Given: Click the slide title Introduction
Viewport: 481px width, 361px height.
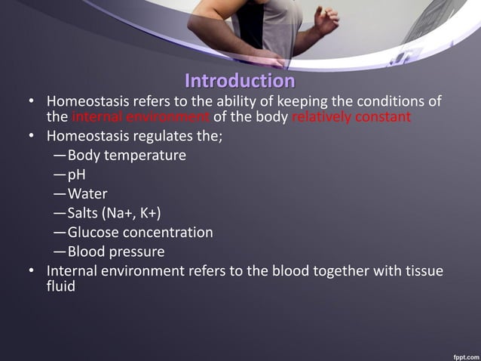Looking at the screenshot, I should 240,80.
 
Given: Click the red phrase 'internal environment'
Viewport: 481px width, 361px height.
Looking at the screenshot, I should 140,118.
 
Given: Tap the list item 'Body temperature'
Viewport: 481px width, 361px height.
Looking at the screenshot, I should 126,156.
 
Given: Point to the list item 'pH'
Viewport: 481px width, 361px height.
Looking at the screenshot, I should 76,174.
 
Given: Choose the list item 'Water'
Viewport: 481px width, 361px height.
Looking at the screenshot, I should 87,194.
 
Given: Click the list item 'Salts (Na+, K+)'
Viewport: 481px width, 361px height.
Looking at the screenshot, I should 113,213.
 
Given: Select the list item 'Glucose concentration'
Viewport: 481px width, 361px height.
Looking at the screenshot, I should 139,232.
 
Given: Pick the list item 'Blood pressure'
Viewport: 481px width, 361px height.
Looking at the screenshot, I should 115,251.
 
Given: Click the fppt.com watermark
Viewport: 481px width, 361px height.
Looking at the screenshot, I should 461,353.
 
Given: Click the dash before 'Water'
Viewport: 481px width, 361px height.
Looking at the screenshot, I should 60,194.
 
